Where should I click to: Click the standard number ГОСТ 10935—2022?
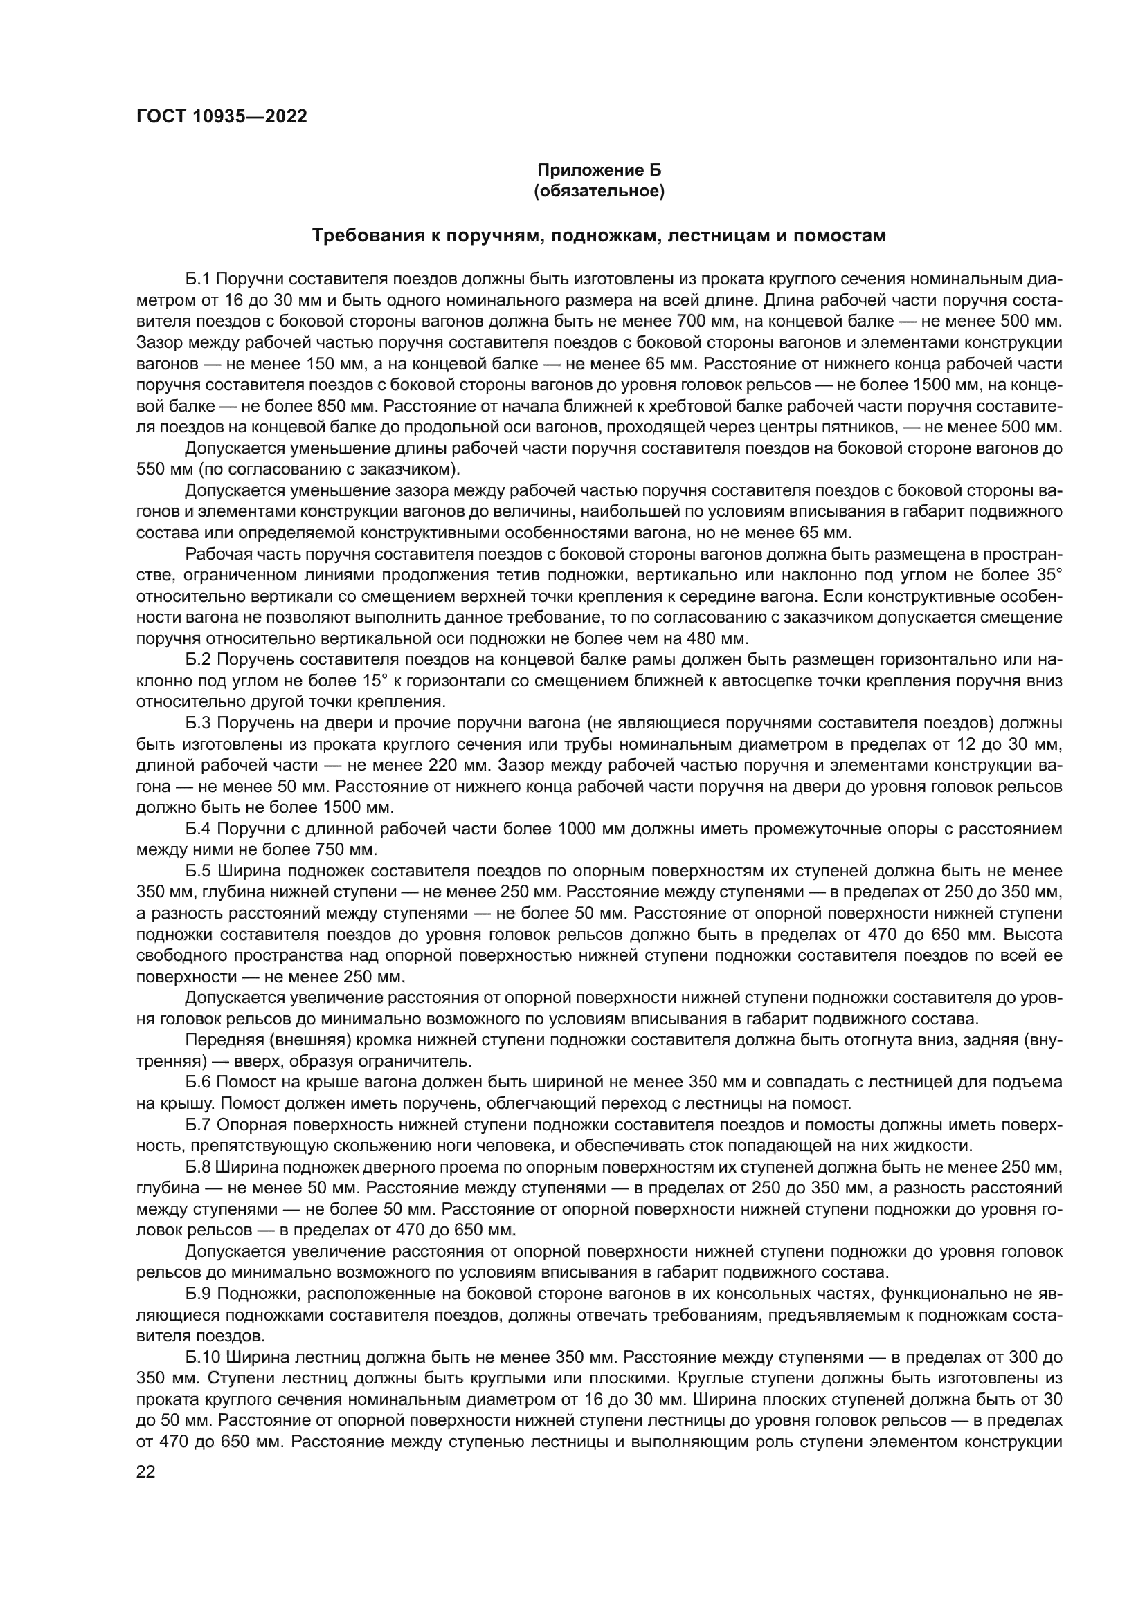(222, 116)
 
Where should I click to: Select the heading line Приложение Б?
(599, 170)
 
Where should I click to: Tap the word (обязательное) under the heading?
(599, 191)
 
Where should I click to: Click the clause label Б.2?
(199, 661)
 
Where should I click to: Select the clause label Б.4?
(199, 829)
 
